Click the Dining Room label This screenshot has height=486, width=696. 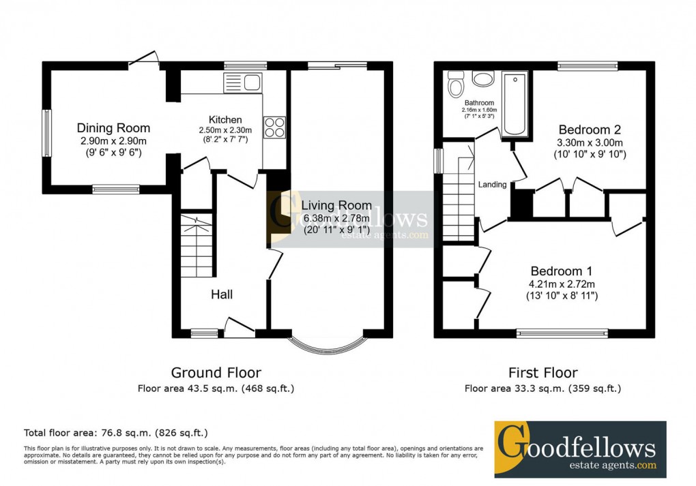coord(113,128)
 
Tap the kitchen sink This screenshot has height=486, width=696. coord(242,84)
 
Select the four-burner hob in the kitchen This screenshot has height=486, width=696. coord(274,127)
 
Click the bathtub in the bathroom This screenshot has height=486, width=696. coord(514,104)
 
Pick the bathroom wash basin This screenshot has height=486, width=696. coord(484,79)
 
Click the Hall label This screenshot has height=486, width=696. coord(221,294)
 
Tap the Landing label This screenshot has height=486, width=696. coord(492,184)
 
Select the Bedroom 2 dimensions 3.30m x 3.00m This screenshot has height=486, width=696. coord(590,143)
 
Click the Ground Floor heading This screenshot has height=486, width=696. coord(216,373)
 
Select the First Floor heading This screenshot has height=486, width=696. coord(542,373)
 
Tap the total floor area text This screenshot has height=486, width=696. coord(116,433)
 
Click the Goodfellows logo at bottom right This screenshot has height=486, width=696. coord(579,449)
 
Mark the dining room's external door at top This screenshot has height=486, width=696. coord(145,61)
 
